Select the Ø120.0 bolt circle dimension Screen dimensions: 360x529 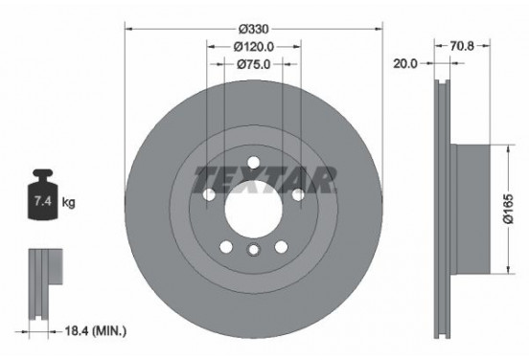tap(253, 45)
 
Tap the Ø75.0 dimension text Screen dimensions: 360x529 tap(253, 64)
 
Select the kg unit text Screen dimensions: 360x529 tap(69, 202)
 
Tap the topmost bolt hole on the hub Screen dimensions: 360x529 tap(253, 160)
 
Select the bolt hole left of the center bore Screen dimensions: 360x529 tap(210, 195)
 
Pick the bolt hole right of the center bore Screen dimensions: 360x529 tap(297, 195)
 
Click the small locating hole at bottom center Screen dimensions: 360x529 tap(253, 250)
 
